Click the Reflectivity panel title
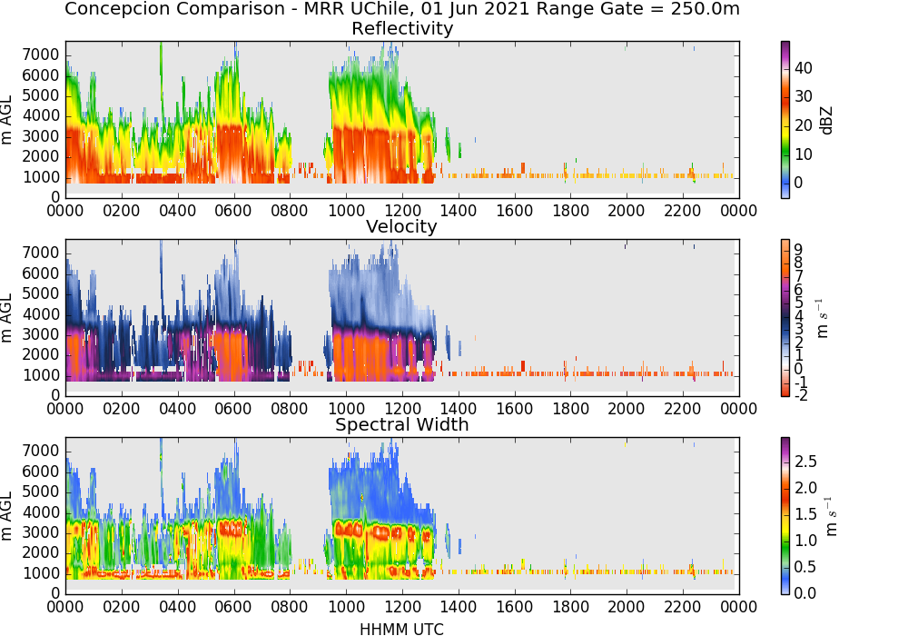coord(402,28)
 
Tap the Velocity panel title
coord(401,226)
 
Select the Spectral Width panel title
coord(402,424)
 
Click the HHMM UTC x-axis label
coord(401,629)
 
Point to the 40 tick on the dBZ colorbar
coord(804,68)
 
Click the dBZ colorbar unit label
coord(826,121)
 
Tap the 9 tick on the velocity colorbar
coord(798,250)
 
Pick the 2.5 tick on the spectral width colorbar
coord(805,462)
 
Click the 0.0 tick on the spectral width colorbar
coord(805,593)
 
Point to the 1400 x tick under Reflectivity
coord(459,210)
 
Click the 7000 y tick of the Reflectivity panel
coord(41,55)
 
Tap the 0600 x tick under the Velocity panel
coord(233,408)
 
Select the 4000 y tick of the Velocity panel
coord(41,314)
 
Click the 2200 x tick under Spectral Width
coord(683,606)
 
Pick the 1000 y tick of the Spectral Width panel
coord(41,573)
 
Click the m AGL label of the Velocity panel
coord(6,318)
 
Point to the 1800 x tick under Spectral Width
coord(570,606)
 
